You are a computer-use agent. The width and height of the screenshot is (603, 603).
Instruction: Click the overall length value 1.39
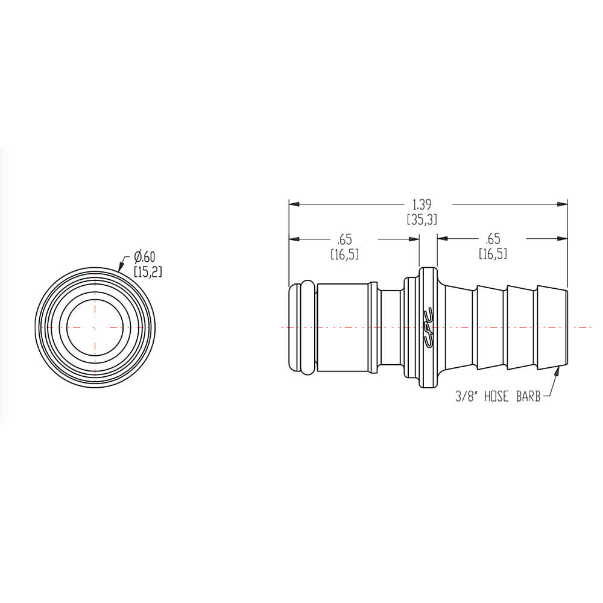tap(421, 204)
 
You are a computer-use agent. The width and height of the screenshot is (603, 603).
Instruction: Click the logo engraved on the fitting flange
tap(428, 327)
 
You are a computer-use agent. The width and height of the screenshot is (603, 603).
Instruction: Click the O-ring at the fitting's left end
tap(301, 327)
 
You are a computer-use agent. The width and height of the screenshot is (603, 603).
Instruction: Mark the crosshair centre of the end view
tap(95, 327)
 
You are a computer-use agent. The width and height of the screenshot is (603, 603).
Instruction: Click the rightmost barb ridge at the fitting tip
tap(552, 327)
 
